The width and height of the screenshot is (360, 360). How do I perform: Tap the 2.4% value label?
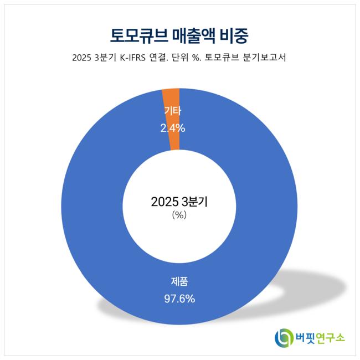pyautogui.click(x=172, y=128)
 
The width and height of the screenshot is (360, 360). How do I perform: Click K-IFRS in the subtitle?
pyautogui.click(x=135, y=57)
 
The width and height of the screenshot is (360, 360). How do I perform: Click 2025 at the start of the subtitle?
pyautogui.click(x=82, y=57)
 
